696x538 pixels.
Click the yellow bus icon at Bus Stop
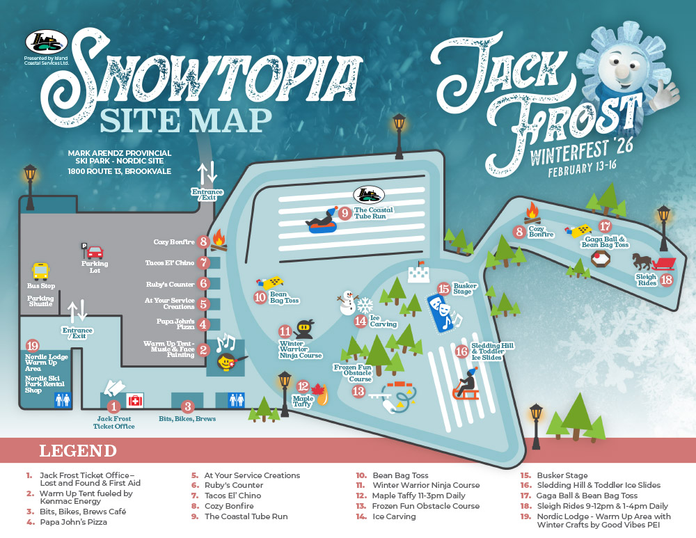[41, 271]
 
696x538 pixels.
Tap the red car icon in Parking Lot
[95, 252]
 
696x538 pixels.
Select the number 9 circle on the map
[344, 214]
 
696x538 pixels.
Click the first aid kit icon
[134, 401]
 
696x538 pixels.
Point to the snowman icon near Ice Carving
[346, 303]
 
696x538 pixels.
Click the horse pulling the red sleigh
[642, 262]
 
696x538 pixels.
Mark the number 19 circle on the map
[31, 346]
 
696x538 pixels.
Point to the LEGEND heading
[78, 450]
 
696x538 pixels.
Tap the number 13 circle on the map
[358, 391]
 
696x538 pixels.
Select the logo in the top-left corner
[46, 42]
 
